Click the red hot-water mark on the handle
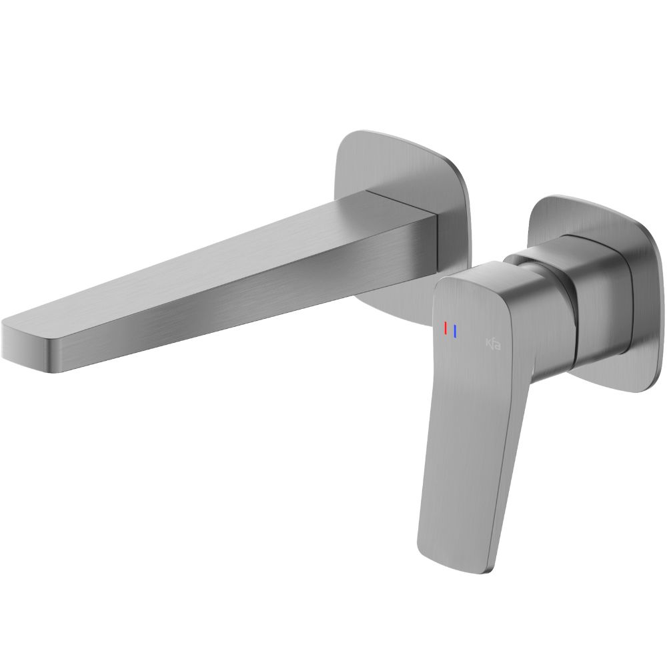click(x=446, y=329)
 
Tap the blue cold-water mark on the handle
click(x=454, y=330)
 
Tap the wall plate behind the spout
click(x=407, y=167)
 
